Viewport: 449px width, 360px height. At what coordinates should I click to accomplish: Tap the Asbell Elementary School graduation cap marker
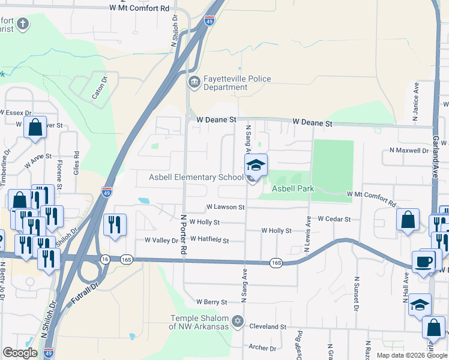[256, 165]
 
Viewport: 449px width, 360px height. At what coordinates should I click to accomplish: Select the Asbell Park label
[294, 188]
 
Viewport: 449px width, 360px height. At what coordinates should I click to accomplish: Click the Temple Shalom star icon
[238, 322]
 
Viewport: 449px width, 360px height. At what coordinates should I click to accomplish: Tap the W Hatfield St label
[209, 241]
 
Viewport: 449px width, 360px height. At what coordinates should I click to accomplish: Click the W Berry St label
[211, 302]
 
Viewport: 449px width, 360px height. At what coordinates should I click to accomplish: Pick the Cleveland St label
[267, 327]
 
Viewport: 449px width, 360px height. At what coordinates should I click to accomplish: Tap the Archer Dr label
[262, 348]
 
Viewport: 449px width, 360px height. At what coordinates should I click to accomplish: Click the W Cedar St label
[334, 220]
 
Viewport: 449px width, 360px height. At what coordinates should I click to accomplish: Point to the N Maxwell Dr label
[409, 150]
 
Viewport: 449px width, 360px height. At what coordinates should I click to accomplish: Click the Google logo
[20, 353]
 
